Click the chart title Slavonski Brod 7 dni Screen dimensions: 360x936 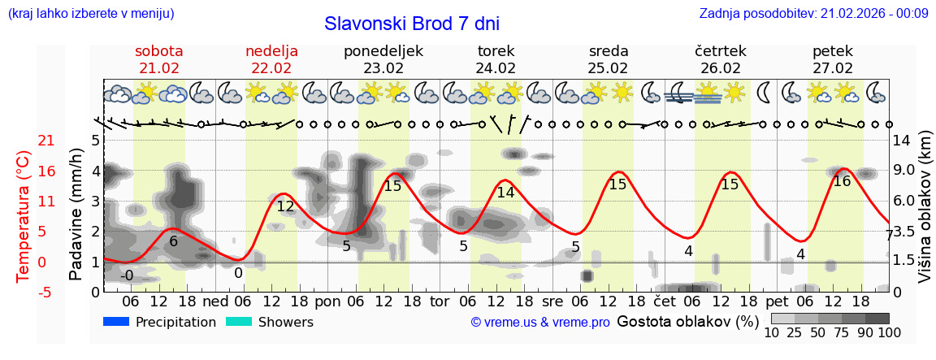click(x=411, y=24)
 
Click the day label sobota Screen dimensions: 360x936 click(x=158, y=51)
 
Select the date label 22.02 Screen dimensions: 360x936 click(x=271, y=68)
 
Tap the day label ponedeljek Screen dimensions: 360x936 click(x=383, y=51)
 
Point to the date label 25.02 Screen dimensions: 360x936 click(x=608, y=68)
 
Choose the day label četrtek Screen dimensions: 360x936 click(x=720, y=51)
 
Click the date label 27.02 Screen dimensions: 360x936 click(x=833, y=68)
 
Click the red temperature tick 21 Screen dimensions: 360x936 click(x=24, y=141)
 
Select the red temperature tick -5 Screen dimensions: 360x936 click(x=24, y=292)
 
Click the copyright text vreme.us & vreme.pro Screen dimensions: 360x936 click(x=539, y=323)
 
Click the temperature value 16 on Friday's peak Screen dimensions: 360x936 click(x=842, y=181)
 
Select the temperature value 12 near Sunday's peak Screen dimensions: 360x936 click(x=285, y=206)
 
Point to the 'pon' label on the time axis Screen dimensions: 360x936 click(x=327, y=301)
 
